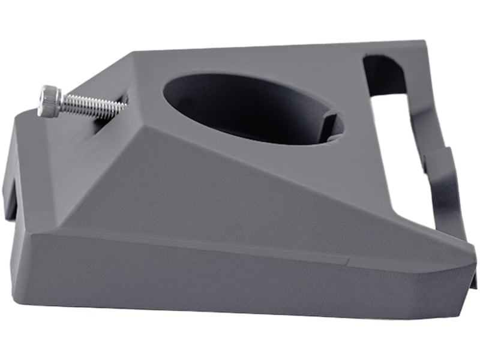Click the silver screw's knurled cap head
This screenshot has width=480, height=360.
coord(49,100)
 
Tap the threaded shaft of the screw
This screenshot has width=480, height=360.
coord(90,106)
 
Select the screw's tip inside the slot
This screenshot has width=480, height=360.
coord(123,106)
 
